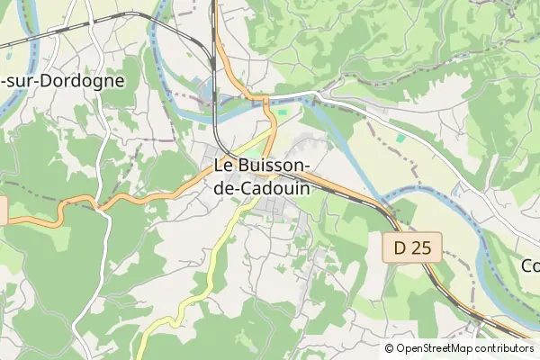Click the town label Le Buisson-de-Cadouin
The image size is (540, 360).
pos(262,177)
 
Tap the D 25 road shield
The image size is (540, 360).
pos(411,248)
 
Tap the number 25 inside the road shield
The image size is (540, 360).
pos(419,248)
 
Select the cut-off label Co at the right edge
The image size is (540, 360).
pos(531,265)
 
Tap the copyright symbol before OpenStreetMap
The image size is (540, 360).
pos(390,348)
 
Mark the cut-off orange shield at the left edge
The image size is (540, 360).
pos(3,211)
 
